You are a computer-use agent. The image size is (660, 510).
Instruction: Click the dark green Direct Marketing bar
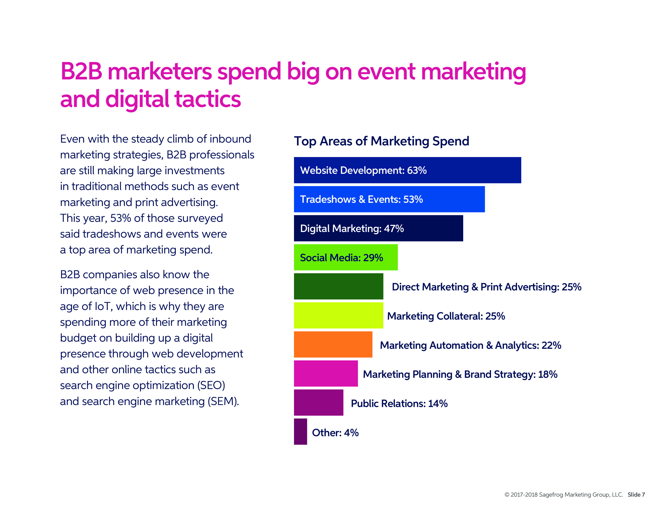click(x=338, y=286)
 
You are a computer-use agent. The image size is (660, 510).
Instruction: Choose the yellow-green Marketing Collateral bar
click(x=338, y=315)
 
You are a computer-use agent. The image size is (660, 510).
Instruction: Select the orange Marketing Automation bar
click(x=333, y=344)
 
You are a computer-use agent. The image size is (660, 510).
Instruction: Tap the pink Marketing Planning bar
click(x=326, y=373)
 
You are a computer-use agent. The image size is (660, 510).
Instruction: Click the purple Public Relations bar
click(x=319, y=402)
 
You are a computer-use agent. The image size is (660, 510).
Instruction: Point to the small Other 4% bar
click(x=300, y=431)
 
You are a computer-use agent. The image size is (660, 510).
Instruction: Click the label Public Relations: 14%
click(x=399, y=403)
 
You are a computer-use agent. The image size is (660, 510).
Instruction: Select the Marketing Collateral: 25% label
click(x=446, y=316)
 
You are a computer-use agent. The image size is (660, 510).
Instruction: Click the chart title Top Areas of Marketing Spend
click(x=381, y=141)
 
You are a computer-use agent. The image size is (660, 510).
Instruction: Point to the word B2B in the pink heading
click(x=81, y=72)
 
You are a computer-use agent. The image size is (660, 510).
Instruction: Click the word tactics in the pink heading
click(x=208, y=99)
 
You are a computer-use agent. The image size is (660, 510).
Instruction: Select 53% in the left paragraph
click(x=120, y=218)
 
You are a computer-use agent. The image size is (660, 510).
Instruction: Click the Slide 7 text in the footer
click(x=636, y=495)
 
